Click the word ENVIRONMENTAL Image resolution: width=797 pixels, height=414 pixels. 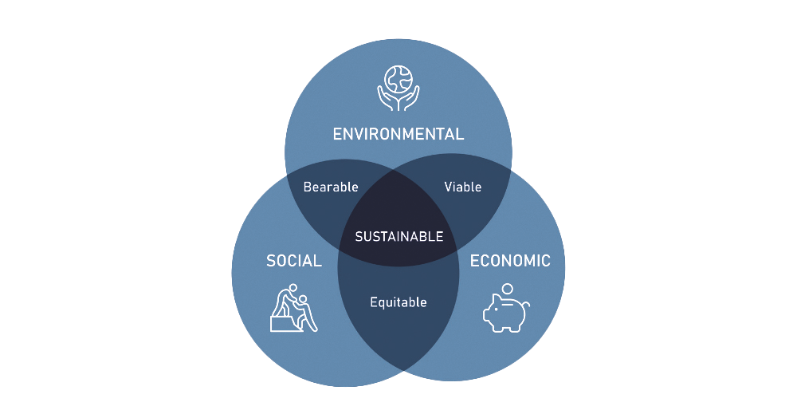398,133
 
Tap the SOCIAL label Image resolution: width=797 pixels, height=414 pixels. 293,261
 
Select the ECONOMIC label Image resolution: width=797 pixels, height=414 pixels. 510,261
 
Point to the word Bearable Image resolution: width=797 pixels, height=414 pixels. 331,187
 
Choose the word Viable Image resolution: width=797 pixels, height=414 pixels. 463,187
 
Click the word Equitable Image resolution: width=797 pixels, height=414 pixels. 398,302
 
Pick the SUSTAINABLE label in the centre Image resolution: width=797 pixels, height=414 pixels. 398,237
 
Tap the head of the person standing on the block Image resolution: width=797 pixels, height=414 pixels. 293,289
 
